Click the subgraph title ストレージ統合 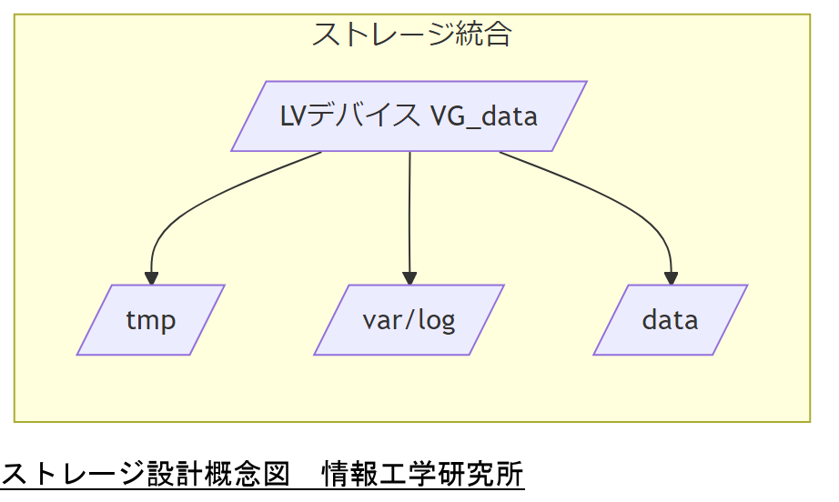tap(411, 35)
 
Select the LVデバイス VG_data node tap(409, 116)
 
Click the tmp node tap(150, 320)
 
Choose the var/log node tap(409, 320)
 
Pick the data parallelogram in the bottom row tap(670, 320)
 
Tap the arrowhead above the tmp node tap(151, 277)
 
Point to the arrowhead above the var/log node tap(409, 277)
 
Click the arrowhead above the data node tap(672, 277)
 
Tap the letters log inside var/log tap(435, 320)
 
